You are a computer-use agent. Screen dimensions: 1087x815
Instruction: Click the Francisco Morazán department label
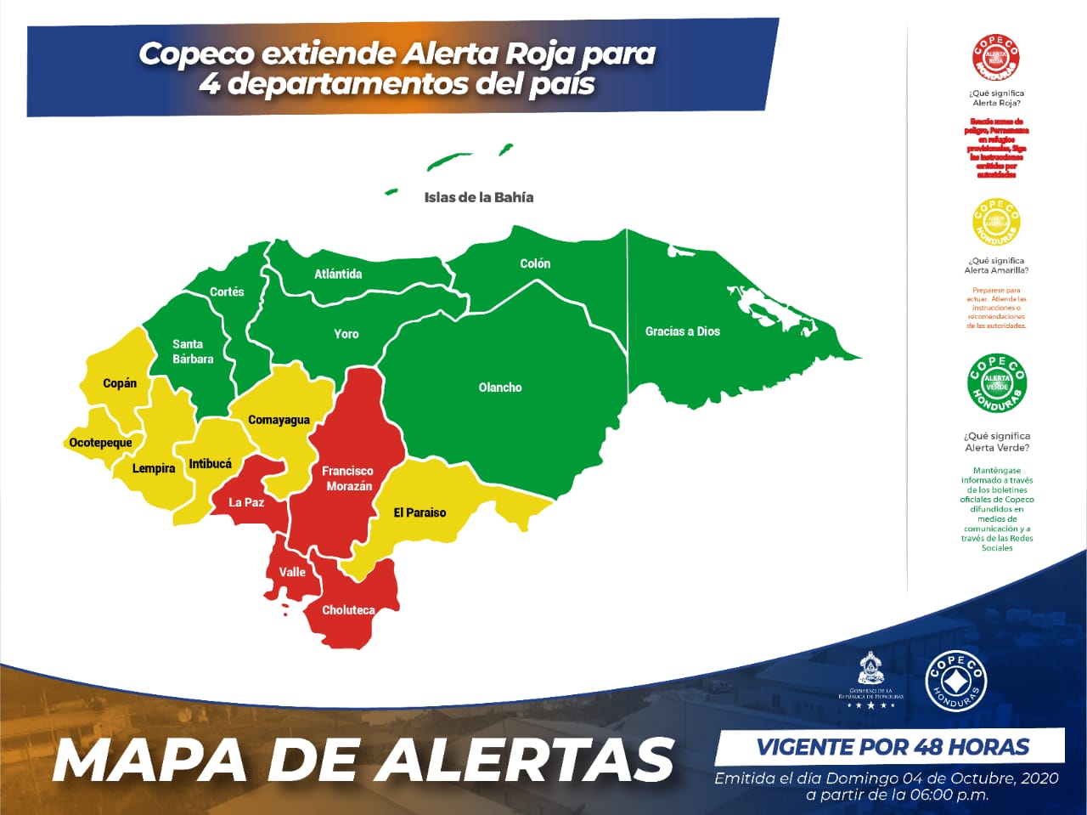coord(347,478)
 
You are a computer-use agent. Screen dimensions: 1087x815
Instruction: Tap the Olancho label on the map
coord(500,388)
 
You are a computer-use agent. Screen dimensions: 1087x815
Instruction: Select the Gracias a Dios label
coord(682,331)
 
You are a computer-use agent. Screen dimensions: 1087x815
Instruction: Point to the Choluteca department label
coord(348,610)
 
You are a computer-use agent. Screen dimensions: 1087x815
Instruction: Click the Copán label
coord(120,383)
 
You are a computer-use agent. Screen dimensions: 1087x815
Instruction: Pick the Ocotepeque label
coord(100,443)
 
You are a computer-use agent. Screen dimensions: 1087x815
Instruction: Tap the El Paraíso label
coord(420,512)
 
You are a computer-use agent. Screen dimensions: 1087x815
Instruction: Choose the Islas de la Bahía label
coord(479,197)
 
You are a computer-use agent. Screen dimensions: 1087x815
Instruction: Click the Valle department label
coord(292,572)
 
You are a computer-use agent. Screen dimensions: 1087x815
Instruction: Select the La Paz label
coord(246,502)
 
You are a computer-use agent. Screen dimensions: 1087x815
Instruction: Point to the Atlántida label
coord(338,274)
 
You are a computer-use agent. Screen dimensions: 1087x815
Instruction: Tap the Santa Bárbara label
coord(193,351)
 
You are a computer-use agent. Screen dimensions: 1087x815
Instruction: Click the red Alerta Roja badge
coord(996,58)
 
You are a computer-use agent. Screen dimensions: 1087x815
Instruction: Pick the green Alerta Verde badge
coord(997,383)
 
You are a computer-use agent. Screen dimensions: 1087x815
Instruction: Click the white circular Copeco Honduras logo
coord(955,681)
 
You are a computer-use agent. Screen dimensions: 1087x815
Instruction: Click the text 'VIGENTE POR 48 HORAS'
coord(893,747)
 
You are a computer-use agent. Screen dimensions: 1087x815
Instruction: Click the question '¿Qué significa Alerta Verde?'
coord(997,442)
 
